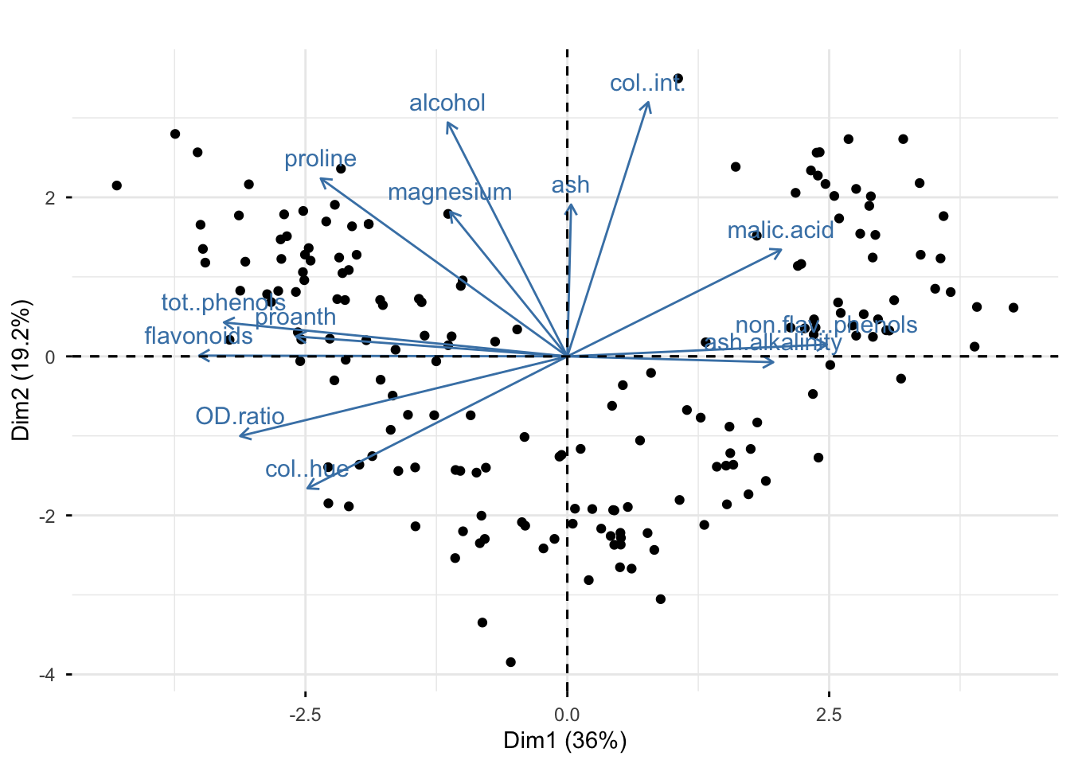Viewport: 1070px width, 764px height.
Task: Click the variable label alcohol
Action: (x=447, y=103)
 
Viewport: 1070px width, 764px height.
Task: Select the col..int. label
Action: (x=646, y=84)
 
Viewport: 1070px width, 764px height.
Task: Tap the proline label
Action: (x=320, y=159)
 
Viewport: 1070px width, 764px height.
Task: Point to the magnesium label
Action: (x=450, y=193)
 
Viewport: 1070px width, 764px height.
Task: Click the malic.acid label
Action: (x=780, y=231)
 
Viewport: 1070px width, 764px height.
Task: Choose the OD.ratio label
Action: (x=240, y=416)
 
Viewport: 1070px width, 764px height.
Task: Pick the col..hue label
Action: (x=307, y=470)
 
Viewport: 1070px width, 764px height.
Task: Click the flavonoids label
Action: (x=198, y=336)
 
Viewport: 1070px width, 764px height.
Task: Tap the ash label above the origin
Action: (x=571, y=185)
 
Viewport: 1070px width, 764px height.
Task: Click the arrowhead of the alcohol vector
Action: (x=448, y=123)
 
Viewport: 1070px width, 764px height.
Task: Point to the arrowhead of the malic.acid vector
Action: (x=781, y=251)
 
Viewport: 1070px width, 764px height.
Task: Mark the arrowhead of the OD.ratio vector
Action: (x=240, y=436)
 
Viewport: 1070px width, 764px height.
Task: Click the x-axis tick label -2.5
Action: (x=304, y=715)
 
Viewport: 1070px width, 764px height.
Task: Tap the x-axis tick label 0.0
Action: (x=567, y=715)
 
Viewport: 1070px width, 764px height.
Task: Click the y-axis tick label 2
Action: (x=50, y=197)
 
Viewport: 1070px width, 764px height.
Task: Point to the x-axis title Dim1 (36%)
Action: (x=565, y=741)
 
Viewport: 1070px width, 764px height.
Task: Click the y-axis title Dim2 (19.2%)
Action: (x=21, y=370)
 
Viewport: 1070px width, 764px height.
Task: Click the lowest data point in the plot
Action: (x=510, y=662)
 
